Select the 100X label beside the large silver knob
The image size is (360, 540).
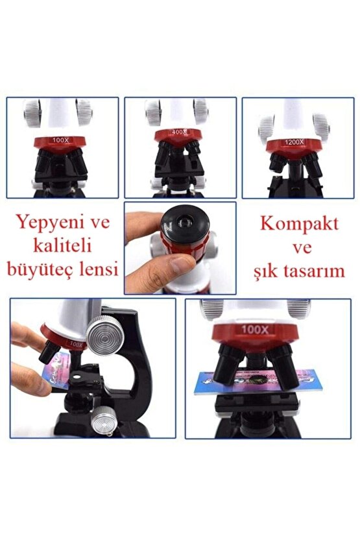[x=76, y=344]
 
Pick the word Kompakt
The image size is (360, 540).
[x=299, y=225]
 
